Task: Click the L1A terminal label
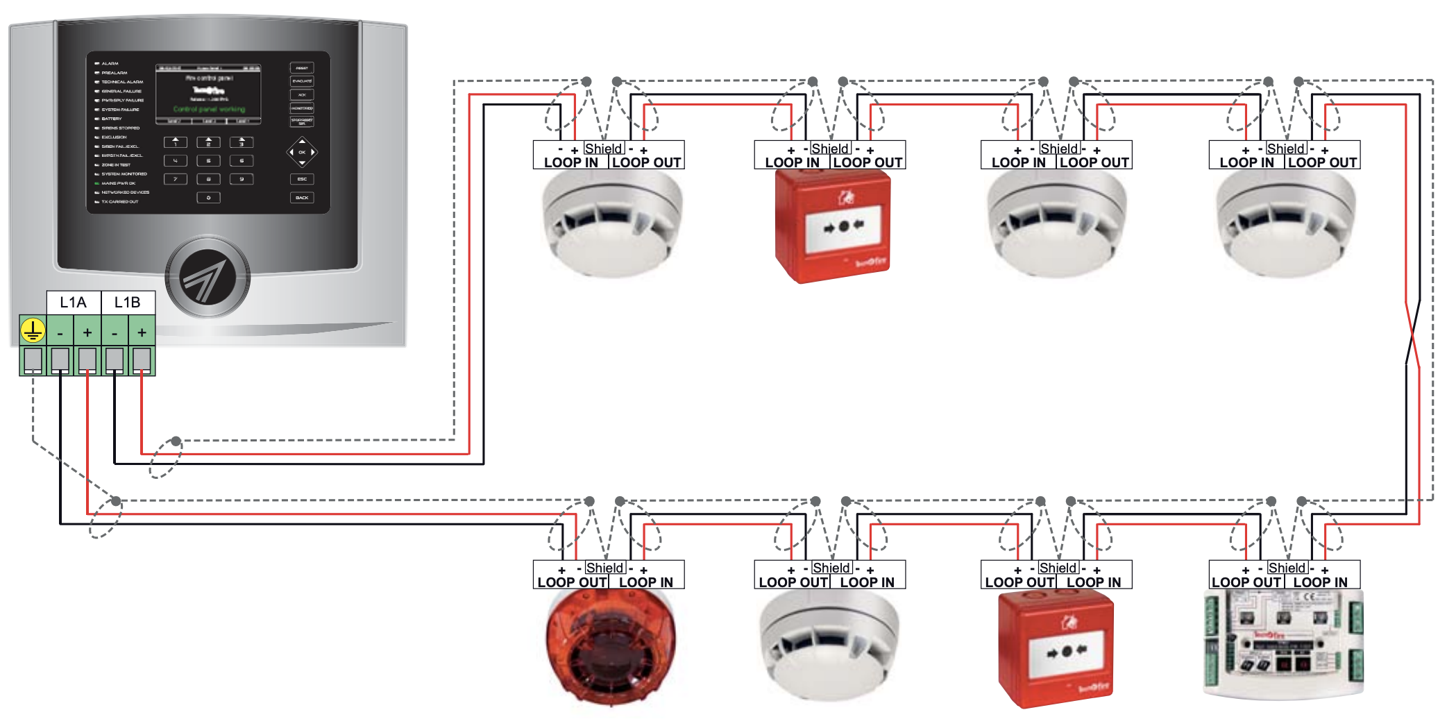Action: (73, 302)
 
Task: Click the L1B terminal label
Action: (127, 302)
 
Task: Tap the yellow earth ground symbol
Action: (33, 331)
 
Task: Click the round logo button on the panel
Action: (207, 277)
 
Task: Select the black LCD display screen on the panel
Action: (208, 94)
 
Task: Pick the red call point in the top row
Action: (833, 226)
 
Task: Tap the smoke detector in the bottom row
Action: (829, 645)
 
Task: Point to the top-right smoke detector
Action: (1285, 222)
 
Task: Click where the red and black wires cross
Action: (1413, 333)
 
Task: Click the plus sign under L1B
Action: (142, 332)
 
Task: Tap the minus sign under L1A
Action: (60, 333)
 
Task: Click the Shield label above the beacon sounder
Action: (604, 568)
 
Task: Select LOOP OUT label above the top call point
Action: (868, 162)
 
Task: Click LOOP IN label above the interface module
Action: (1320, 582)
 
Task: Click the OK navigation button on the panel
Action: (302, 152)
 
